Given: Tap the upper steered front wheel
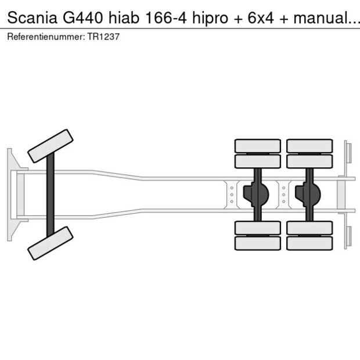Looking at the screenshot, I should pyautogui.click(x=51, y=146).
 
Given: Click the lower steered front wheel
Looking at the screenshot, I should pyautogui.click(x=51, y=243).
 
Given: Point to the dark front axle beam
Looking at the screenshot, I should pyautogui.click(x=51, y=194).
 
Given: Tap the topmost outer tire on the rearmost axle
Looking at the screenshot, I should pyautogui.click(x=309, y=146).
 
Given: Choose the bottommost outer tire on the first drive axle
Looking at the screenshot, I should pyautogui.click(x=257, y=243).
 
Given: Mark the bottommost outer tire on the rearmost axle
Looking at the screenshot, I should pyautogui.click(x=309, y=243).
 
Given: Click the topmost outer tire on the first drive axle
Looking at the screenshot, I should pyautogui.click(x=257, y=146).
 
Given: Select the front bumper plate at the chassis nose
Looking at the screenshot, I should pyautogui.click(x=10, y=194).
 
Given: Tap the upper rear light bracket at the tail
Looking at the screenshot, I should pyautogui.click(x=347, y=153).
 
